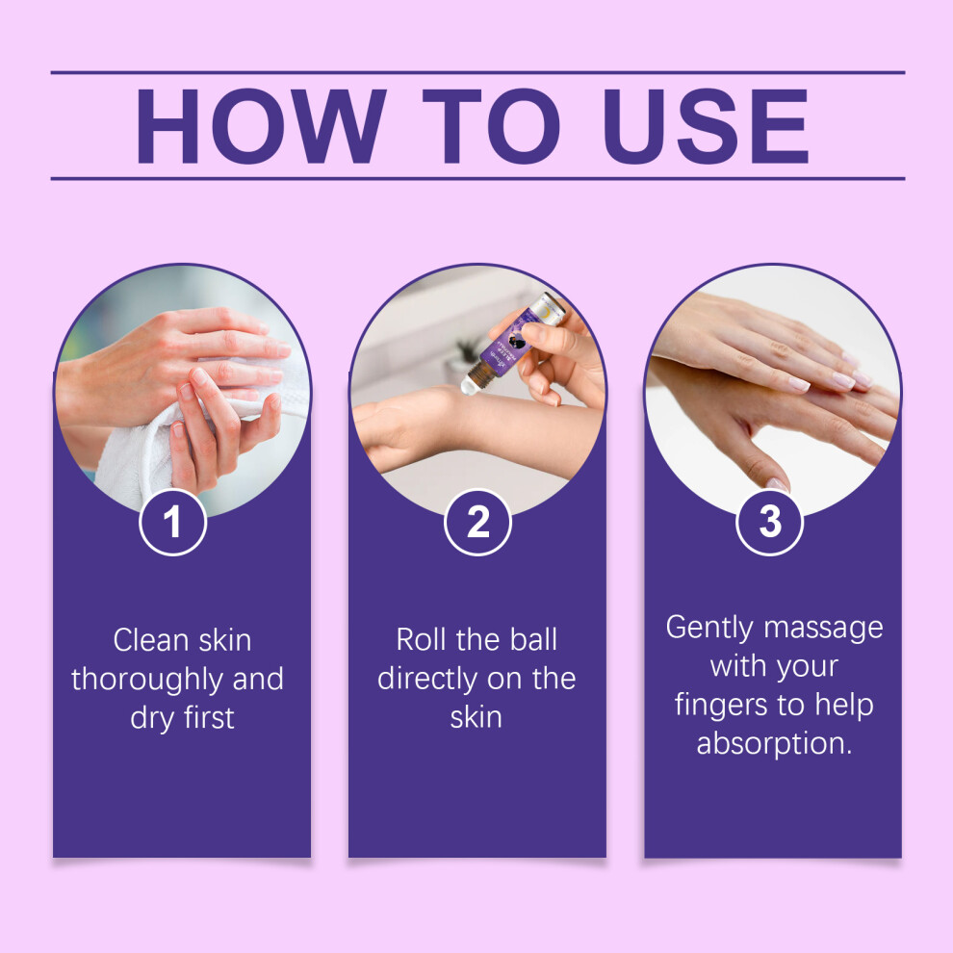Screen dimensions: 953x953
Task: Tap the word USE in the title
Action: pyautogui.click(x=707, y=126)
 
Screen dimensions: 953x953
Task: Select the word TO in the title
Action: pyautogui.click(x=491, y=126)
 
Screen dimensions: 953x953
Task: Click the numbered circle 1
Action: pyautogui.click(x=173, y=522)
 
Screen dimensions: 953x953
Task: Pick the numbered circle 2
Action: pyautogui.click(x=477, y=522)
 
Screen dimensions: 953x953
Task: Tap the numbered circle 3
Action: pyautogui.click(x=770, y=522)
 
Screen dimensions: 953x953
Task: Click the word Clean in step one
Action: pyautogui.click(x=151, y=640)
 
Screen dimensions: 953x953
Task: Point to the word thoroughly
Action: pyautogui.click(x=147, y=681)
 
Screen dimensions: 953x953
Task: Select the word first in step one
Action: pyautogui.click(x=209, y=718)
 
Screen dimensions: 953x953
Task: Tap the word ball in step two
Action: pyautogui.click(x=533, y=640)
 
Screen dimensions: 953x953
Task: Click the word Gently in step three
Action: pyautogui.click(x=709, y=629)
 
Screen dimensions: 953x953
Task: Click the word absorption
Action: pyautogui.click(x=774, y=744)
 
